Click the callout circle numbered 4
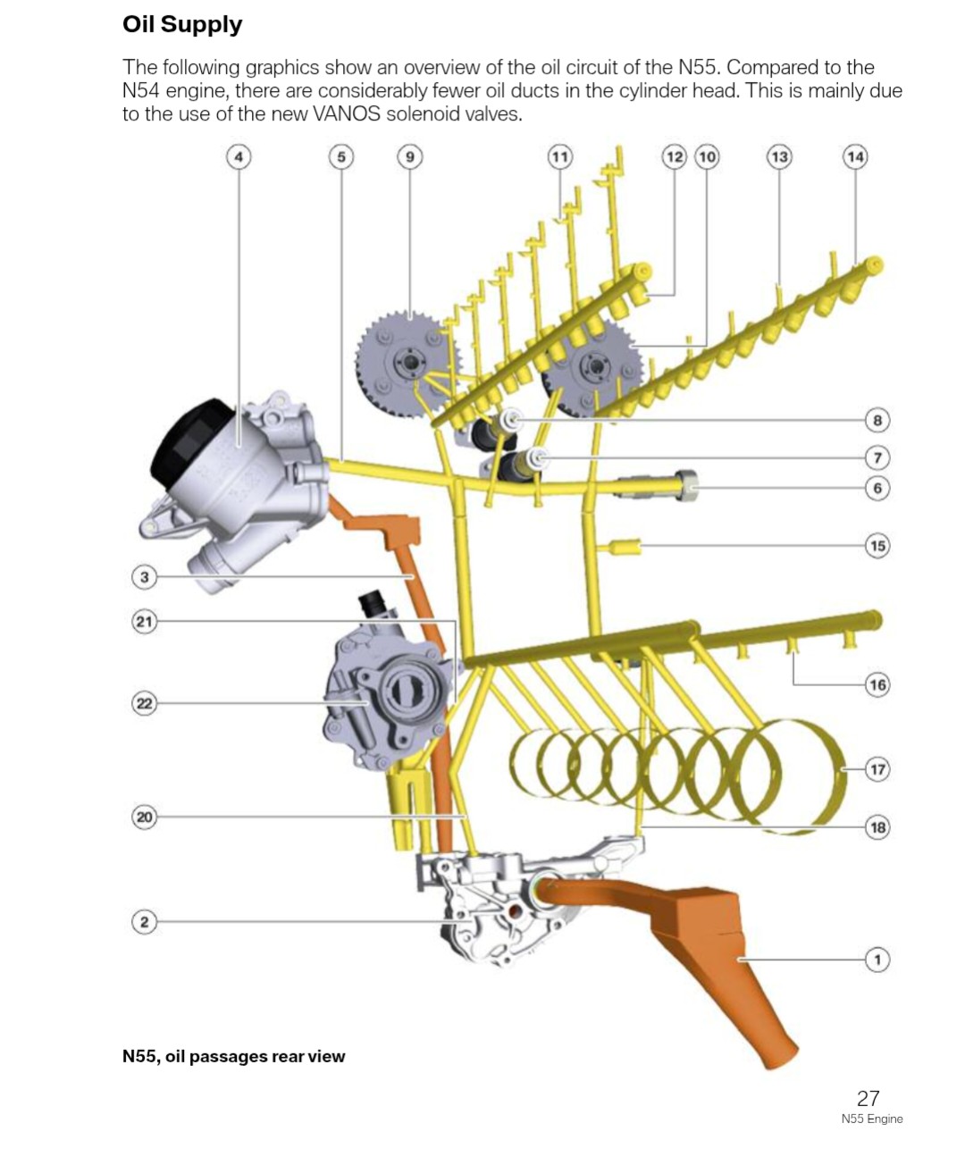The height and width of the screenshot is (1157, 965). point(239,157)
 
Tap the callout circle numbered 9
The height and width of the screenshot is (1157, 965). point(409,157)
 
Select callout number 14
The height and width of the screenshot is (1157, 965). point(855,157)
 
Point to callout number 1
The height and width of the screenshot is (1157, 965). point(877,960)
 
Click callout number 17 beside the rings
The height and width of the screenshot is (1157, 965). point(877,768)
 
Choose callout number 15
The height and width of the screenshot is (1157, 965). point(877,545)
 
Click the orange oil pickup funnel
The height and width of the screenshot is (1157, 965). point(706,947)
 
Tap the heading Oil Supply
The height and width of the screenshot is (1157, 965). point(182,24)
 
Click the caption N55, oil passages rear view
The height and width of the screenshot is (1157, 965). point(233,1056)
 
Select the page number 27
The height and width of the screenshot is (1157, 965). point(868,1098)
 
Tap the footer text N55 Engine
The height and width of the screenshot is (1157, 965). point(871,1119)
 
